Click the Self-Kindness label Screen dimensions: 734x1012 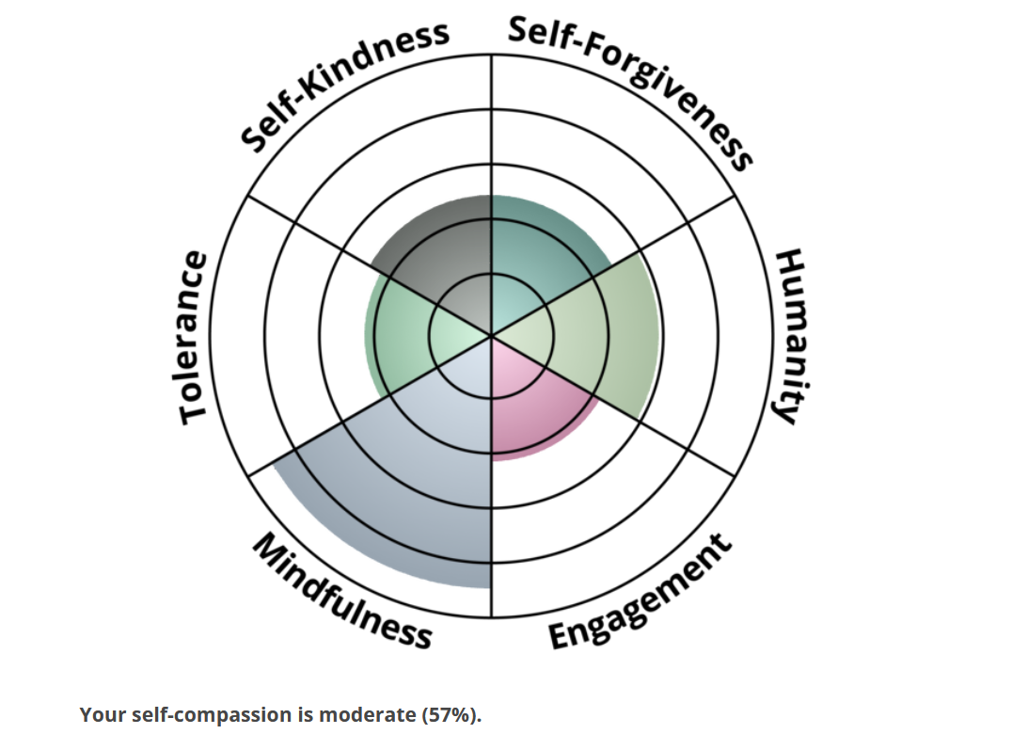click(344, 85)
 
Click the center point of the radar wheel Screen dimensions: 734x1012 click(491, 335)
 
